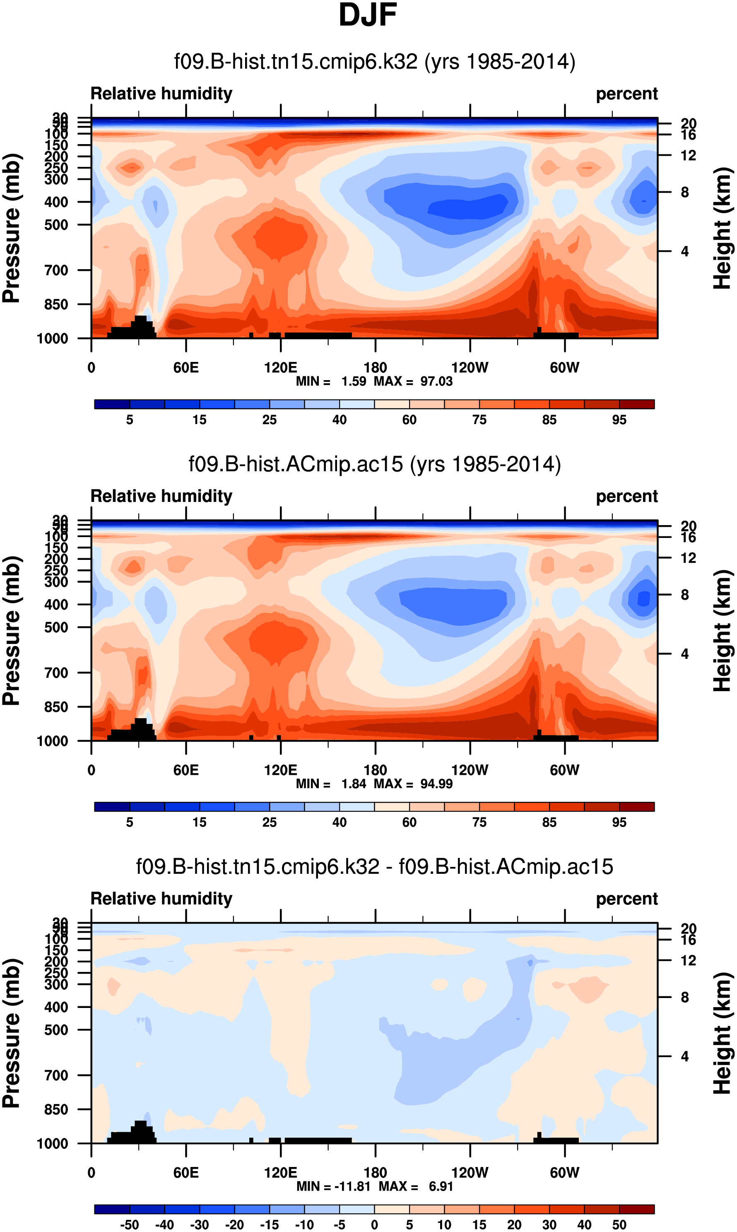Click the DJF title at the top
368,15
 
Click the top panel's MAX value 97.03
436,381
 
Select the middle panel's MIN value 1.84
354,784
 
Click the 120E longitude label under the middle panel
281,770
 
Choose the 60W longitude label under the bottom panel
564,1172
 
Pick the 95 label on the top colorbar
619,420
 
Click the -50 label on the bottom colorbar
129,1225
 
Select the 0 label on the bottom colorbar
374,1225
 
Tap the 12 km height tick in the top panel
688,155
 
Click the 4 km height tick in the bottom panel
684,1057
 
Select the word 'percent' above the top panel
627,94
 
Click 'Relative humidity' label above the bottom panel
161,899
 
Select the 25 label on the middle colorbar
269,822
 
